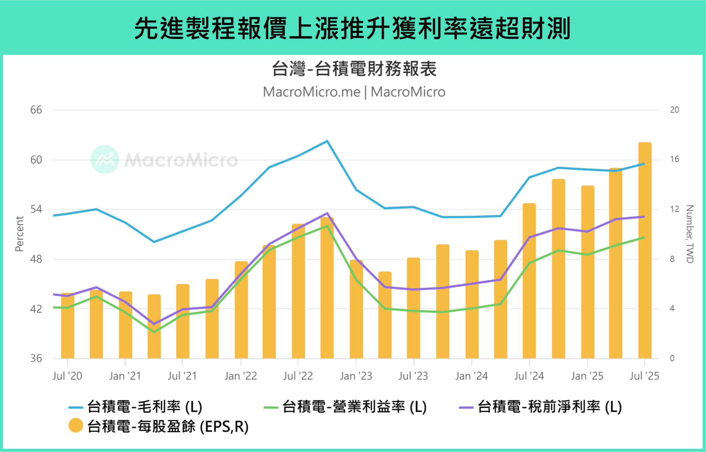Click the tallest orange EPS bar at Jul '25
click(x=645, y=250)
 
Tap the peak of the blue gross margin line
click(x=327, y=141)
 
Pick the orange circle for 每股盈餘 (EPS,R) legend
click(x=76, y=426)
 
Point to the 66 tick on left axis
click(x=36, y=110)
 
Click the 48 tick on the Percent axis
click(x=36, y=259)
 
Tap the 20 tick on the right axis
click(x=674, y=110)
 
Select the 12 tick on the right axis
click(x=674, y=209)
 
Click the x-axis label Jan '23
click(x=356, y=376)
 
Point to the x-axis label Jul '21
click(x=182, y=376)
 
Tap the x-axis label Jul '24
click(x=529, y=376)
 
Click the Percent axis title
click(x=19, y=234)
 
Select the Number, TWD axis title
click(x=689, y=234)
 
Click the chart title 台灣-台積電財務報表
click(x=354, y=69)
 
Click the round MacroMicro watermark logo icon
click(x=105, y=160)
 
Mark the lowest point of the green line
click(x=154, y=332)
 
